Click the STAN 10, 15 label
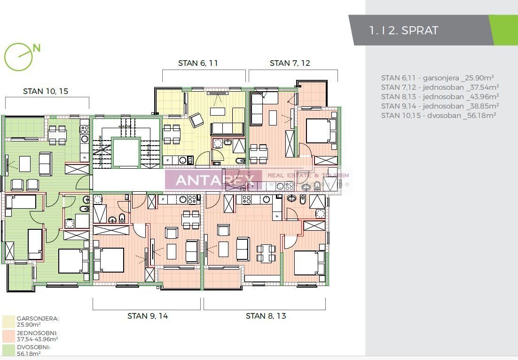tap(46, 91)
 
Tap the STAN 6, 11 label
tap(198, 63)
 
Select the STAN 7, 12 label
tap(290, 63)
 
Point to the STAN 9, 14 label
tap(148, 316)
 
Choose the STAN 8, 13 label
tap(266, 316)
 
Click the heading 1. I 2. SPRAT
tap(404, 31)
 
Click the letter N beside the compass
tap(37, 48)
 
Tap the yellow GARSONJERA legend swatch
tap(8, 321)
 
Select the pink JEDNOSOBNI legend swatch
tap(8, 336)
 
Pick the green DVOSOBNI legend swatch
tap(8, 351)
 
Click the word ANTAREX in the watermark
tap(215, 180)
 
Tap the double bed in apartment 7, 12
tap(321, 130)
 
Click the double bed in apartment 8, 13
tap(309, 263)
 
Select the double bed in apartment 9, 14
tap(109, 260)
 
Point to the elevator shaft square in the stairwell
tap(126, 152)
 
